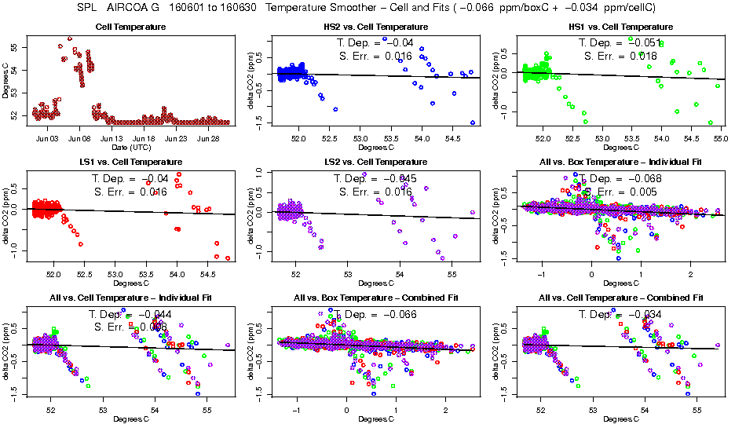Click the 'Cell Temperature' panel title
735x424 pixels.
[130, 27]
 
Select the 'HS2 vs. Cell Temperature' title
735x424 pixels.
[376, 27]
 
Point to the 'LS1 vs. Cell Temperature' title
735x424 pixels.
[130, 163]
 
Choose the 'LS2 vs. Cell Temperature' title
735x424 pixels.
[376, 163]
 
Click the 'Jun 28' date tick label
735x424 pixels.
[209, 138]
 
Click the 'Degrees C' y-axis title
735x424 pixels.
[7, 82]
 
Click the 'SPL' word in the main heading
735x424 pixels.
[88, 7]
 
